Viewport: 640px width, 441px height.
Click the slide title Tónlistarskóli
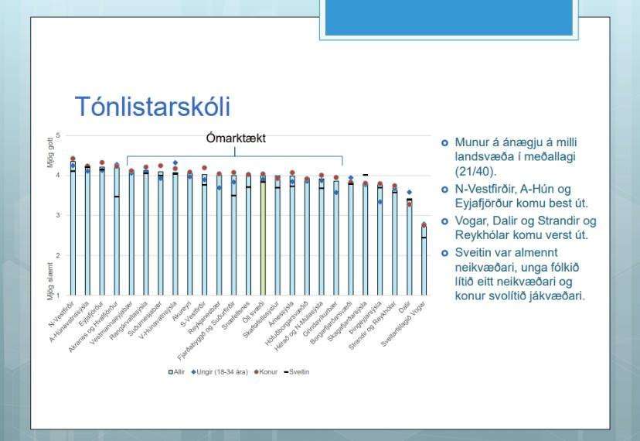(151, 108)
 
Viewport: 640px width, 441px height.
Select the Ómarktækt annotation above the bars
(236, 138)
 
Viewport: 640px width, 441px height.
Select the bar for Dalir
(409, 248)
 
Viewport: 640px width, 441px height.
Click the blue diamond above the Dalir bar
(409, 192)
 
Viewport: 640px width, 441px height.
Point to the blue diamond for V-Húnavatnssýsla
(175, 163)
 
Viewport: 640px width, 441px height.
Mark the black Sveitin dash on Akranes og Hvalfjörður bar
(117, 197)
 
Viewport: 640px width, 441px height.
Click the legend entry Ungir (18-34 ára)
(219, 372)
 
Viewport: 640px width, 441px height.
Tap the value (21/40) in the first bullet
(475, 173)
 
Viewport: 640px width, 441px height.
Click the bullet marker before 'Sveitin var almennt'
(444, 253)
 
